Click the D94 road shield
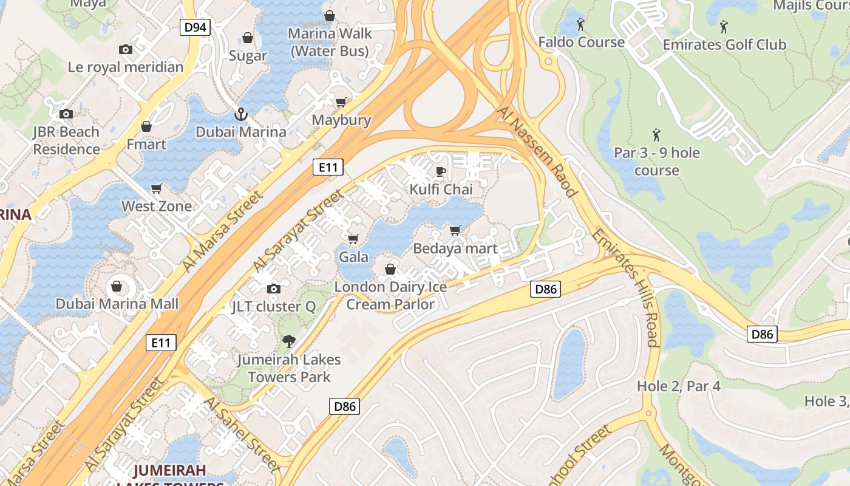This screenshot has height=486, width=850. coord(195,27)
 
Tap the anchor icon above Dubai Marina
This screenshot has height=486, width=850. coord(241,114)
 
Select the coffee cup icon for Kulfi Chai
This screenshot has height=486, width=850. coord(441,171)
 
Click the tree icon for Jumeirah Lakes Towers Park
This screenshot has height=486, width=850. coord(289,341)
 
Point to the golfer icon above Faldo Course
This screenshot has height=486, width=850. coord(580,25)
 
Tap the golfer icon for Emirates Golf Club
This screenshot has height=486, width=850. coord(724,27)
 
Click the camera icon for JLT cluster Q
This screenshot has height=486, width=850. coord(274,289)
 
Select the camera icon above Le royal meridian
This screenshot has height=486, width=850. coord(126,50)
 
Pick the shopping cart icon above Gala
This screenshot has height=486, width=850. coord(353,239)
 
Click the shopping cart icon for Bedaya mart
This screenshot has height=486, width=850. coord(455,230)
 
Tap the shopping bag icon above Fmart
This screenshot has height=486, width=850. coord(146,126)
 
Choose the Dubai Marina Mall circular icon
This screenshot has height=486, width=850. coord(117,286)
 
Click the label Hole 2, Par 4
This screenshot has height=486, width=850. coord(679,386)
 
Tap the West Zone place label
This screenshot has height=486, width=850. coord(157,207)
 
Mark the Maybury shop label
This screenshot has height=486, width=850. coord(341,120)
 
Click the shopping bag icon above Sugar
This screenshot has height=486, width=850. coord(248,38)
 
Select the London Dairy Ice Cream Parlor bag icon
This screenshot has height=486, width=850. coord(390,269)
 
